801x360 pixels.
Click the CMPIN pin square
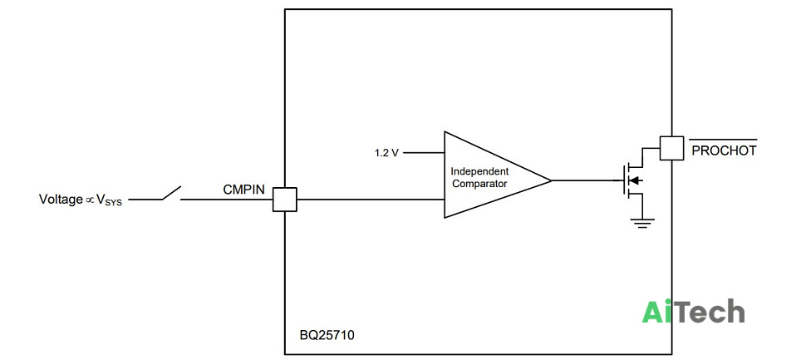(284, 200)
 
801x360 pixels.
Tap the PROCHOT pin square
(671, 148)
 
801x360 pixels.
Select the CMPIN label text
(244, 190)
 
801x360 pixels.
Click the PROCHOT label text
(724, 150)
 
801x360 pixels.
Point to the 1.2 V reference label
(386, 153)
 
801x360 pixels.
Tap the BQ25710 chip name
(327, 335)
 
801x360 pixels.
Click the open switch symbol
(172, 193)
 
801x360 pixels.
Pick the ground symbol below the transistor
(642, 223)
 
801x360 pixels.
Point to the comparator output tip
(551, 180)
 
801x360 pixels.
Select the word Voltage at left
(61, 200)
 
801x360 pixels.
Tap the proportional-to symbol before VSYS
(90, 200)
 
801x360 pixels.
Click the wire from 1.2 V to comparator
(424, 152)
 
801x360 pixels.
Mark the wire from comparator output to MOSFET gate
(587, 180)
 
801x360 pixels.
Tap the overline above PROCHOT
(724, 139)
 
